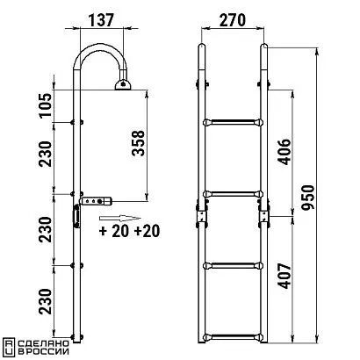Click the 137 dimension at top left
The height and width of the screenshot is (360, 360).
pos(101,20)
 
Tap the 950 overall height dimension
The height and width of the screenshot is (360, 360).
pos(308,198)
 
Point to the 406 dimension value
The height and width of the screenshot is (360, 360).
pos(284,152)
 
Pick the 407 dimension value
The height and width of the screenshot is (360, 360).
pos(284,276)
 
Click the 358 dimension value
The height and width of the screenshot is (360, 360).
pos(138,143)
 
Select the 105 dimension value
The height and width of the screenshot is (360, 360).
pos(46,105)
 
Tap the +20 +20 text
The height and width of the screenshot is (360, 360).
pos(130,231)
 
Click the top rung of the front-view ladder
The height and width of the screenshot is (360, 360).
pos(233,122)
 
